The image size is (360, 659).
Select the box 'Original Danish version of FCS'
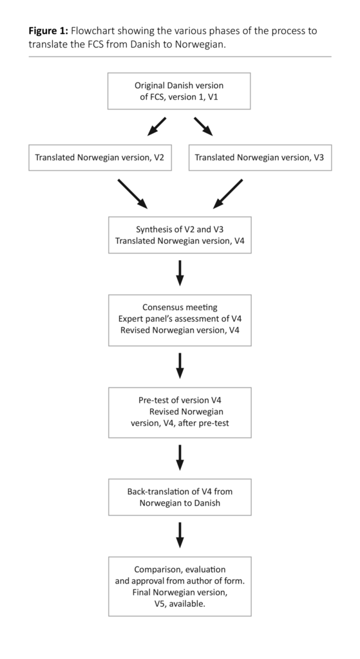tap(180, 91)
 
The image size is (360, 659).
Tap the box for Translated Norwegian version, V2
tap(100, 157)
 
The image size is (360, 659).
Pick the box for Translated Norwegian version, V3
tap(260, 157)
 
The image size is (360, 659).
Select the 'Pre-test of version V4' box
tap(180, 413)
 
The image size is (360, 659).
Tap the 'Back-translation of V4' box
tap(180, 497)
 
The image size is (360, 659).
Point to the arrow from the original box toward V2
tap(156, 127)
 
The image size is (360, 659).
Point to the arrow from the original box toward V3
tap(203, 127)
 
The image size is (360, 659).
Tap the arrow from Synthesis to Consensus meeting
tap(180, 273)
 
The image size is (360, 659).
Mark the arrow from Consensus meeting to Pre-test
tap(180, 365)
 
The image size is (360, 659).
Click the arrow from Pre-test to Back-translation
tap(180, 457)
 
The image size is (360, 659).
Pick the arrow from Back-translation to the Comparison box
tap(180, 535)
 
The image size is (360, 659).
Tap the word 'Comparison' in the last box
tap(158, 570)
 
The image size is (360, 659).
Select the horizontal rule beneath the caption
tap(180, 57)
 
